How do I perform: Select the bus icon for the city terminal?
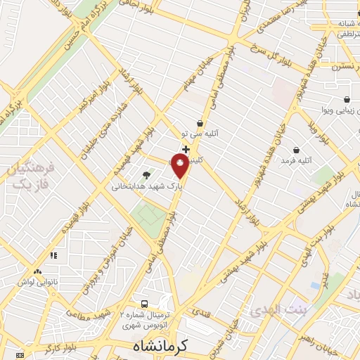coord(144,304)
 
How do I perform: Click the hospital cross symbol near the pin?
coord(186,149)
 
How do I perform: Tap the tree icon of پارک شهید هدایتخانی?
coord(146,175)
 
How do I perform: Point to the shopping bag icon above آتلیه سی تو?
coord(200,123)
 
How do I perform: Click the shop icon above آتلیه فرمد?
coord(296,150)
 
